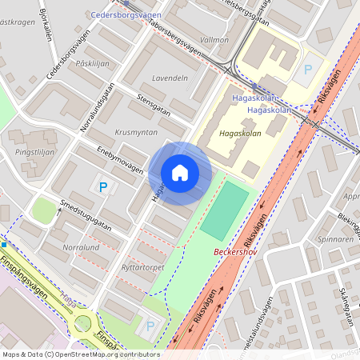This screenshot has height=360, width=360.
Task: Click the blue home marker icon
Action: pos(180,172)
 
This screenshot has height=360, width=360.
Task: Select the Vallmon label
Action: pos(214,38)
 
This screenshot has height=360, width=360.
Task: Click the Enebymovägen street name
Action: pos(120,160)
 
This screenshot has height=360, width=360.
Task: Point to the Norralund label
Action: pos(81,247)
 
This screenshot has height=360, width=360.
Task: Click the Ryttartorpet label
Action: pos(142,266)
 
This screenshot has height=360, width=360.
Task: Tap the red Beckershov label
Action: pos(238,252)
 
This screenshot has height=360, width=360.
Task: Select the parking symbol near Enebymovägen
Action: pos(102,187)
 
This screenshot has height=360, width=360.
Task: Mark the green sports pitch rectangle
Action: pos(225,210)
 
